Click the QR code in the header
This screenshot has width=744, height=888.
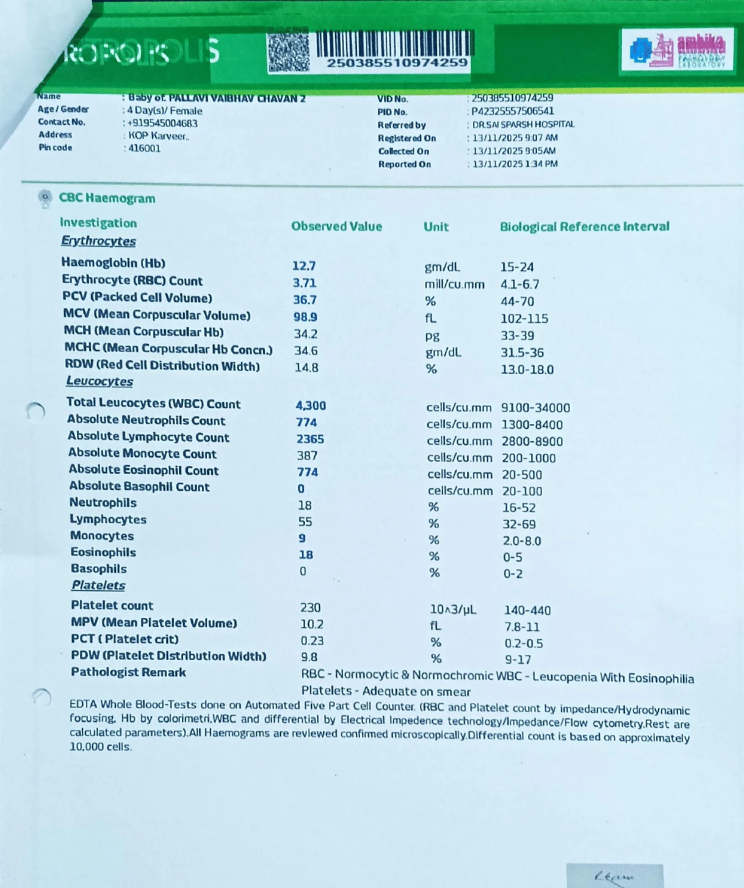pos(288,51)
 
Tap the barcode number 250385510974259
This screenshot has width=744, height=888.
pos(397,63)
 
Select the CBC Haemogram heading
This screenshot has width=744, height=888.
pos(107,198)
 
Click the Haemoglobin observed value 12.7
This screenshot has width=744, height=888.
pos(304,266)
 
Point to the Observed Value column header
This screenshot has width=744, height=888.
pos(336,226)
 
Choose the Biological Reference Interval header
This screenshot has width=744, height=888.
pos(584,227)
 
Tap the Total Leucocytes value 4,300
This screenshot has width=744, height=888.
pos(311,406)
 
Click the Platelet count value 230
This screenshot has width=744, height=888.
pos(310,607)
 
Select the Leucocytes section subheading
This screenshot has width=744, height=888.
pos(99,381)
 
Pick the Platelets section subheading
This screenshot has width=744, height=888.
pos(98,585)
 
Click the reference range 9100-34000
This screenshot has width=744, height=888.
pos(535,408)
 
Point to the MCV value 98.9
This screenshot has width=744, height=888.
pos(305,317)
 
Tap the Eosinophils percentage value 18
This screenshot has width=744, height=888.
pos(305,555)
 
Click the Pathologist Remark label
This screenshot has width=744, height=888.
pos(128,672)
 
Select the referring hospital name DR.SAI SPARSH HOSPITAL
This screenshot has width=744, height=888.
pos(523,124)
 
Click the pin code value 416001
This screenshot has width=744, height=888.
pos(144,148)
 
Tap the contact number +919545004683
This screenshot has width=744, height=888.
pos(162,123)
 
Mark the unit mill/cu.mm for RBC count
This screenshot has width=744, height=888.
pos(454,284)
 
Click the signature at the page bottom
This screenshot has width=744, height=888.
pos(614,876)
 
